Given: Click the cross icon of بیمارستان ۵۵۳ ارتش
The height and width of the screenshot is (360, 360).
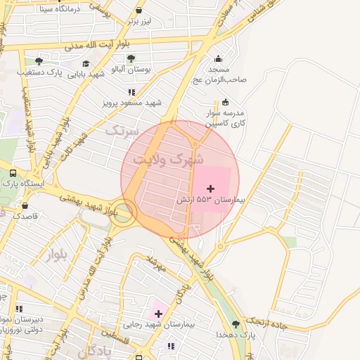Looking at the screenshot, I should tap(210, 188).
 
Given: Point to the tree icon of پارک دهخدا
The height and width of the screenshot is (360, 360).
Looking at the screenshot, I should tap(236, 323).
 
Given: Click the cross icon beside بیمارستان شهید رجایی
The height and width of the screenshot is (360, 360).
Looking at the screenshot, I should tap(158, 314).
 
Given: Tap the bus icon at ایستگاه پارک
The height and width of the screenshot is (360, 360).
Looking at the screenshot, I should tap(13, 172).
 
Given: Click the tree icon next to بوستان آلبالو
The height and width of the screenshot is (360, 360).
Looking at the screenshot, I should tap(131, 58).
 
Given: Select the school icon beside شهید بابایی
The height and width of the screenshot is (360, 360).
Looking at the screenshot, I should tap(86, 64).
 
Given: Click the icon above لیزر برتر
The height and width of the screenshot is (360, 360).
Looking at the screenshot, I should tap(139, 11).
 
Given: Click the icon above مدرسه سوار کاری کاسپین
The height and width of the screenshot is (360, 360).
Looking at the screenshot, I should tap(225, 102).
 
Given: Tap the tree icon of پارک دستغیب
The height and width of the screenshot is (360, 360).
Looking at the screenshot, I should tap(38, 61).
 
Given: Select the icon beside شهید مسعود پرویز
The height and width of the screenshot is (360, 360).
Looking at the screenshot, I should tap(131, 91).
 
